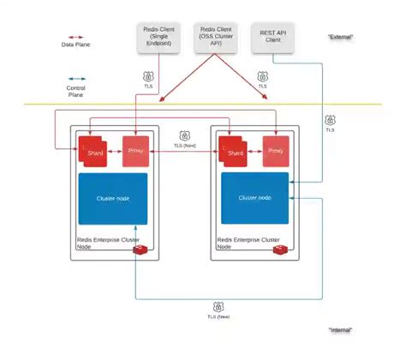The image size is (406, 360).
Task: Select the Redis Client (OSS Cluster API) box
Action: pos(214,39)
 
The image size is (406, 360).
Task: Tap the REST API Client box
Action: pos(273,39)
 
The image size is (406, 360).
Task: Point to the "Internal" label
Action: pos(340,330)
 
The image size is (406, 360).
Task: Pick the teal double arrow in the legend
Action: pos(75,78)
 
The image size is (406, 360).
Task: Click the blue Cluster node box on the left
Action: pos(112,199)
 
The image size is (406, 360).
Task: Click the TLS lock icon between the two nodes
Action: pos(184,135)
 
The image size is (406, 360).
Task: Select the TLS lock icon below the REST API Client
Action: pos(330,121)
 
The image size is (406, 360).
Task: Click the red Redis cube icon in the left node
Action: pos(147,249)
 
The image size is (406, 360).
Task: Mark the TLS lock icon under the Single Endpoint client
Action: pos(147,76)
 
